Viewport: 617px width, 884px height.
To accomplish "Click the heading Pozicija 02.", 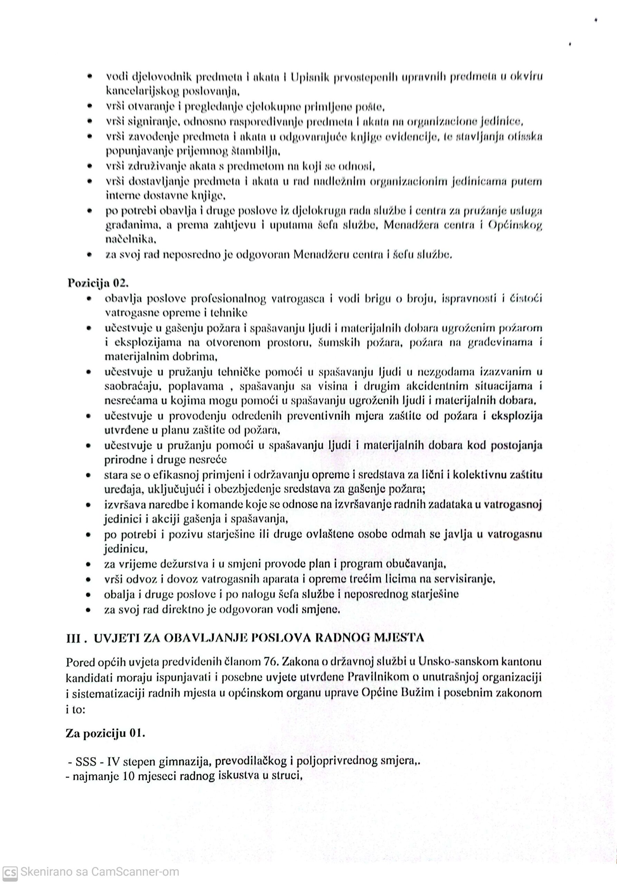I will pyautogui.click(x=97, y=283).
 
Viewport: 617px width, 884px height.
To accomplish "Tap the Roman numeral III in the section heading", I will pyautogui.click(x=73, y=637).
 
